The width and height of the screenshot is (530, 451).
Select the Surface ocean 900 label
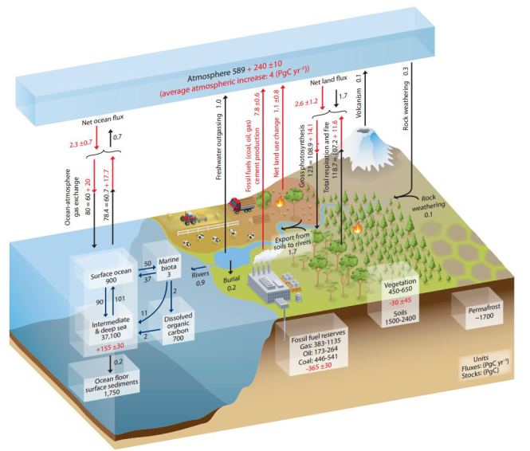(111, 276)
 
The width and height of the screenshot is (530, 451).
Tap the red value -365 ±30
(318, 367)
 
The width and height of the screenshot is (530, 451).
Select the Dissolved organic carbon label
(179, 327)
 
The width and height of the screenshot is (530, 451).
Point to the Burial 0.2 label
(232, 283)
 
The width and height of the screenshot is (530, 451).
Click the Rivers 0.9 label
(200, 278)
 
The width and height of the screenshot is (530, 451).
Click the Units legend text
(485, 366)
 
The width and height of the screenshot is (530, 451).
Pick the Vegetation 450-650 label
(400, 286)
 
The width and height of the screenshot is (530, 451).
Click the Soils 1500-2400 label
(400, 316)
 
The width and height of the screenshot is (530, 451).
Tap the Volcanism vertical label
(359, 103)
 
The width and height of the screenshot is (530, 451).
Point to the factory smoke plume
(263, 260)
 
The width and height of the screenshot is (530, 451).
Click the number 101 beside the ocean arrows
(120, 299)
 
